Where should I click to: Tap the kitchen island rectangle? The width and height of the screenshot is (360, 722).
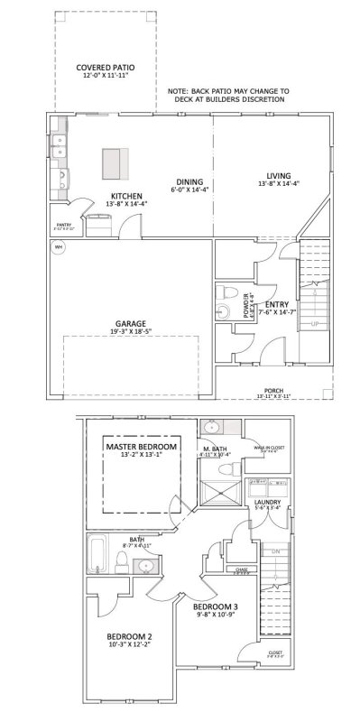pyautogui.click(x=113, y=163)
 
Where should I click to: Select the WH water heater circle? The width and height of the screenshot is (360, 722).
pyautogui.click(x=59, y=247)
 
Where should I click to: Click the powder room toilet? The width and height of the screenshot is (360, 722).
pyautogui.click(x=229, y=294)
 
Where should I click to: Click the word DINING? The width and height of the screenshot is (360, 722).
pyautogui.click(x=189, y=181)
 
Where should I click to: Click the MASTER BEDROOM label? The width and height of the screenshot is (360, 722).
pyautogui.click(x=142, y=447)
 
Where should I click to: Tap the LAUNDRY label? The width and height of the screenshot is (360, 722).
pyautogui.click(x=267, y=502)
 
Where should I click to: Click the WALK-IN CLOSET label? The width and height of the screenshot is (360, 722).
pyautogui.click(x=270, y=447)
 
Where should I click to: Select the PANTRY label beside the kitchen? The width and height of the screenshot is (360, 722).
pyautogui.click(x=64, y=225)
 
